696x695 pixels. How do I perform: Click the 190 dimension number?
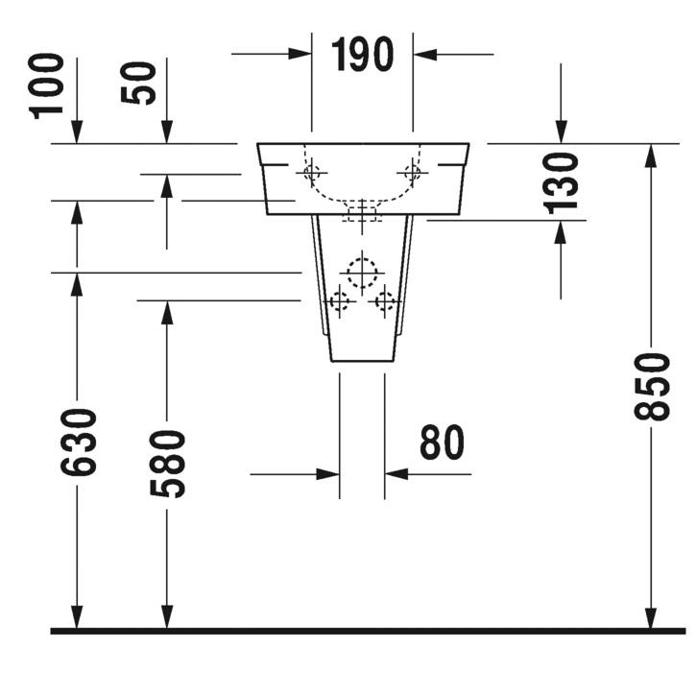(362, 54)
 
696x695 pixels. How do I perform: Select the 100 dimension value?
(46, 86)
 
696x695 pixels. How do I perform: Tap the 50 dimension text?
(138, 84)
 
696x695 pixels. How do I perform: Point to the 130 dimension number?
(561, 183)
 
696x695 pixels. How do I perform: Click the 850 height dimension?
(651, 387)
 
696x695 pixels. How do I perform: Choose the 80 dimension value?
(442, 442)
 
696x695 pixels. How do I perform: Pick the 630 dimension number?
(78, 443)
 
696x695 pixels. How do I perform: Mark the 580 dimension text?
(167, 464)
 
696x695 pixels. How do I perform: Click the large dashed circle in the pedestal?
(362, 273)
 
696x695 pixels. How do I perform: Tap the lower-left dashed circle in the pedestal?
(340, 301)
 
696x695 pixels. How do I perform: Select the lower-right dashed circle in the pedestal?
(385, 301)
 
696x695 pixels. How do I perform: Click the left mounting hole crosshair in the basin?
(312, 172)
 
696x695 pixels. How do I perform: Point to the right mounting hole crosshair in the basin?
(413, 172)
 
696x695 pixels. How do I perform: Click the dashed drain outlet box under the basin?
(362, 214)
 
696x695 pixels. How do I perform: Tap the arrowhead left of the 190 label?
(300, 54)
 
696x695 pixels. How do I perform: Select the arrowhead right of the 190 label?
(424, 55)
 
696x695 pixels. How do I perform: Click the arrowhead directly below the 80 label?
(396, 474)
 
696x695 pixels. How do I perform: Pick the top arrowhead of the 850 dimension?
(651, 156)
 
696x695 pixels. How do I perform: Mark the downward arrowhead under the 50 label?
(167, 132)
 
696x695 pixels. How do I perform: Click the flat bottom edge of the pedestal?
(362, 361)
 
